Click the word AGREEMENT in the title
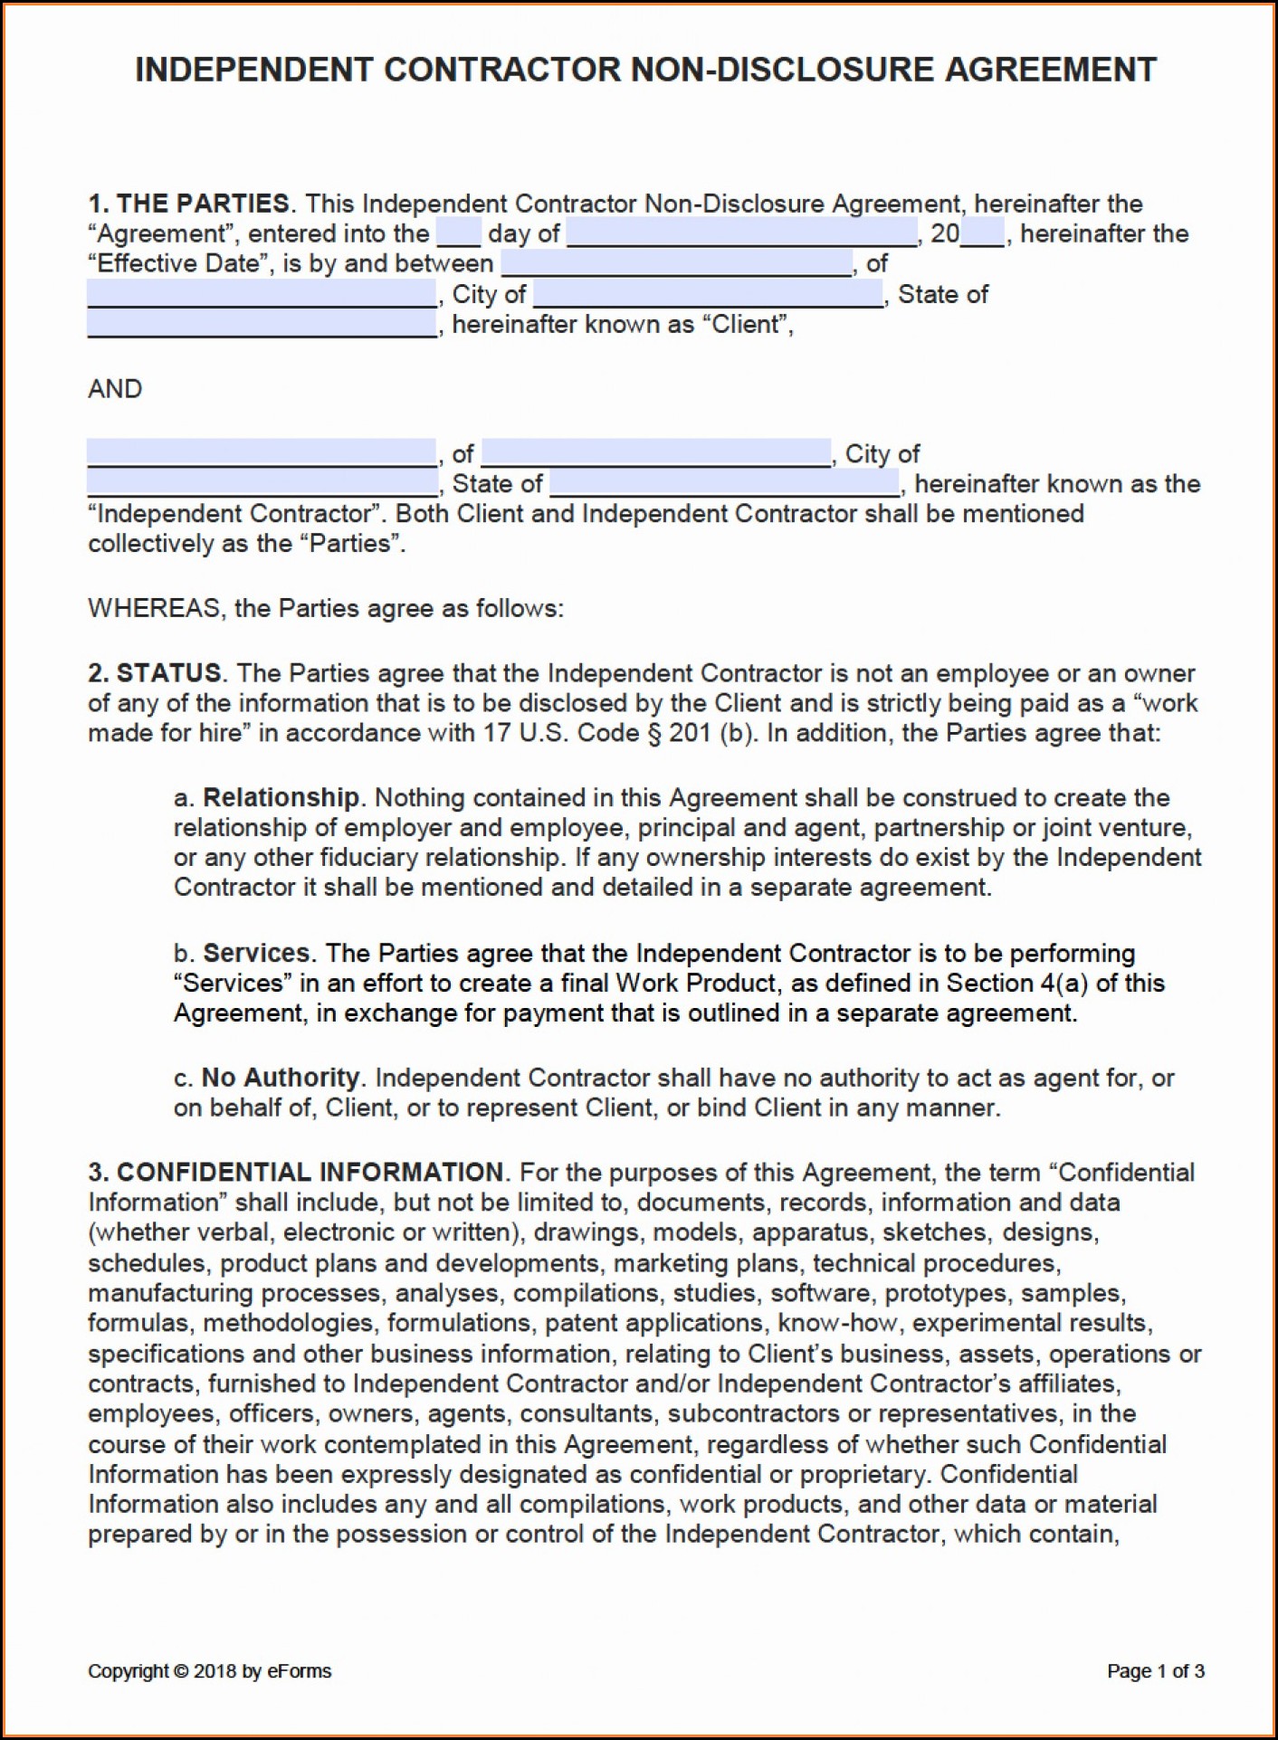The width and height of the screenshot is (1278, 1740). pos(1051,71)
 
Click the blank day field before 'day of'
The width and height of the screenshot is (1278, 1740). pos(459,233)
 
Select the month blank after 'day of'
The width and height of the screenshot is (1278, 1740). pos(741,233)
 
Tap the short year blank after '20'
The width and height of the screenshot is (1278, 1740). pos(983,233)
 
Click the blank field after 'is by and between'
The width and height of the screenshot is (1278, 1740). pos(676,263)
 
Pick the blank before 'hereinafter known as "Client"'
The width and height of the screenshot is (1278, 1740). pos(262,324)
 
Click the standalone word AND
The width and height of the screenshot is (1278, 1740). pos(115,389)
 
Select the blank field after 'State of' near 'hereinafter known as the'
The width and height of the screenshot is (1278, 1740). pos(724,483)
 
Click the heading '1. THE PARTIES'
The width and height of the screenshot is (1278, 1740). pos(189,204)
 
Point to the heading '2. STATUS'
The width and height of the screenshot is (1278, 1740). pos(155,673)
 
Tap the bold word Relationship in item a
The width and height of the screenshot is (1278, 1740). pos(281,797)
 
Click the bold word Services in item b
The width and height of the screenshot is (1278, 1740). pos(256,953)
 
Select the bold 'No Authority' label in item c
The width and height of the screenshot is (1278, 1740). pos(280,1078)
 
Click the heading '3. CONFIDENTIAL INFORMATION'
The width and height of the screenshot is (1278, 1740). pos(296,1173)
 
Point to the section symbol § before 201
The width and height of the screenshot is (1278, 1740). pos(655,733)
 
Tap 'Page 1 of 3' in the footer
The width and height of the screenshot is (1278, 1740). pos(1155,1671)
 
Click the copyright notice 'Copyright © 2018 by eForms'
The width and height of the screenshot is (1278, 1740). pos(210,1671)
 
